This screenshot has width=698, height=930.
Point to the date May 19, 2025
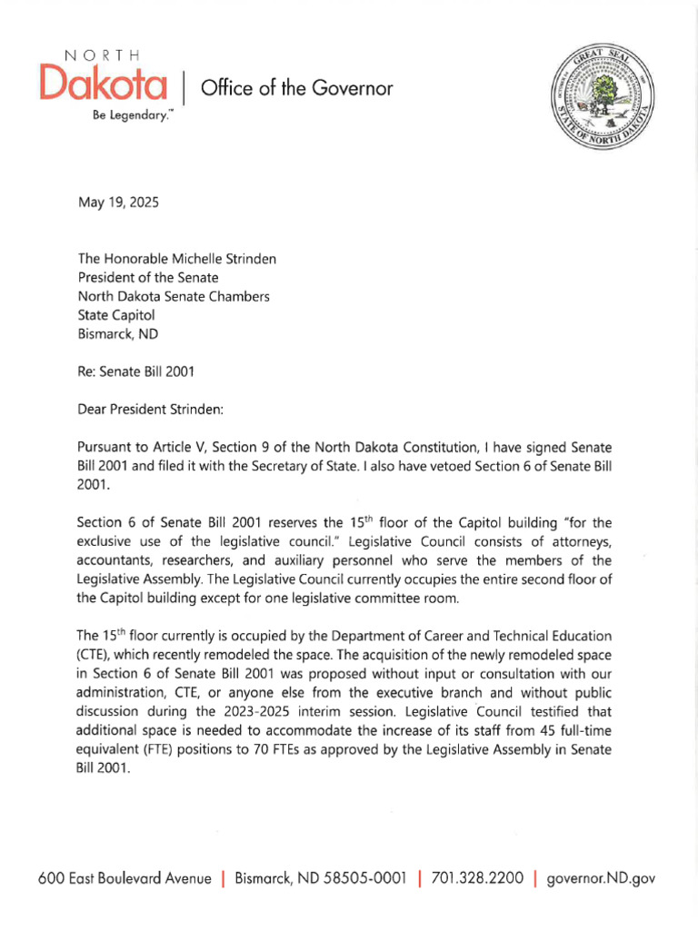(x=117, y=203)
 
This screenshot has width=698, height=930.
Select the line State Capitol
(x=116, y=314)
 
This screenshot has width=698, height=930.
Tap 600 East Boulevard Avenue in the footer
(x=125, y=879)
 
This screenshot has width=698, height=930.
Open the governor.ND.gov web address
(x=601, y=879)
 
